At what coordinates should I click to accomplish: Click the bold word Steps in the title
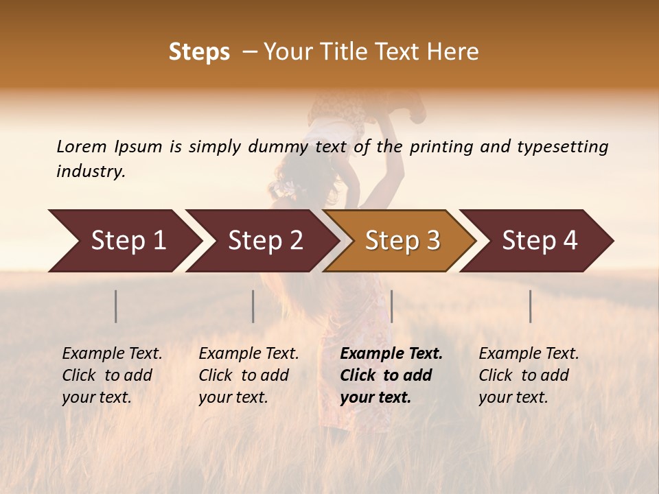pos(199,52)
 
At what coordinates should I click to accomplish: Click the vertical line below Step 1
pos(116,306)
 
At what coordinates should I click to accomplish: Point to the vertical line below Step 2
pos(253,306)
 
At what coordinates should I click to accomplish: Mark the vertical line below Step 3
pos(391,306)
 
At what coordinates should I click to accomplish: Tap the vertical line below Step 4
pos(531,306)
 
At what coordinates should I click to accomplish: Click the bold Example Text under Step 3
pos(391,375)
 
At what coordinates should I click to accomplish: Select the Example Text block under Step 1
pos(112,375)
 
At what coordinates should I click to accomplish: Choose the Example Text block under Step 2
pos(248,375)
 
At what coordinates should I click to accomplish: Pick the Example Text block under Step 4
pos(529,375)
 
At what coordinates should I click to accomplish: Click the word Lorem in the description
pos(82,146)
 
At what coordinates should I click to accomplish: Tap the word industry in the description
pos(91,172)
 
